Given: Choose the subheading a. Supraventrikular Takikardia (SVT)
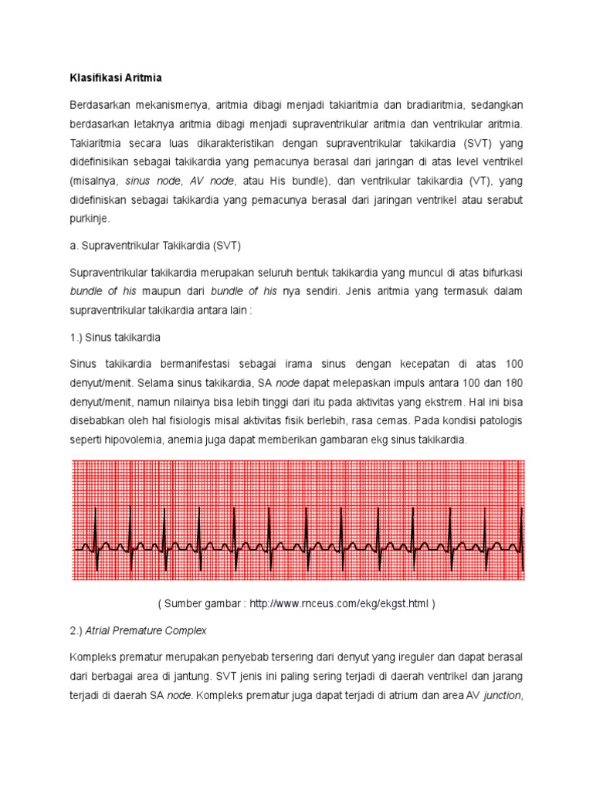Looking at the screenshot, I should point(155,246).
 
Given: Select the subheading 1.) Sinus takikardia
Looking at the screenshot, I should point(115,338).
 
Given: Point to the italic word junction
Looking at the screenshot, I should point(503,695).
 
